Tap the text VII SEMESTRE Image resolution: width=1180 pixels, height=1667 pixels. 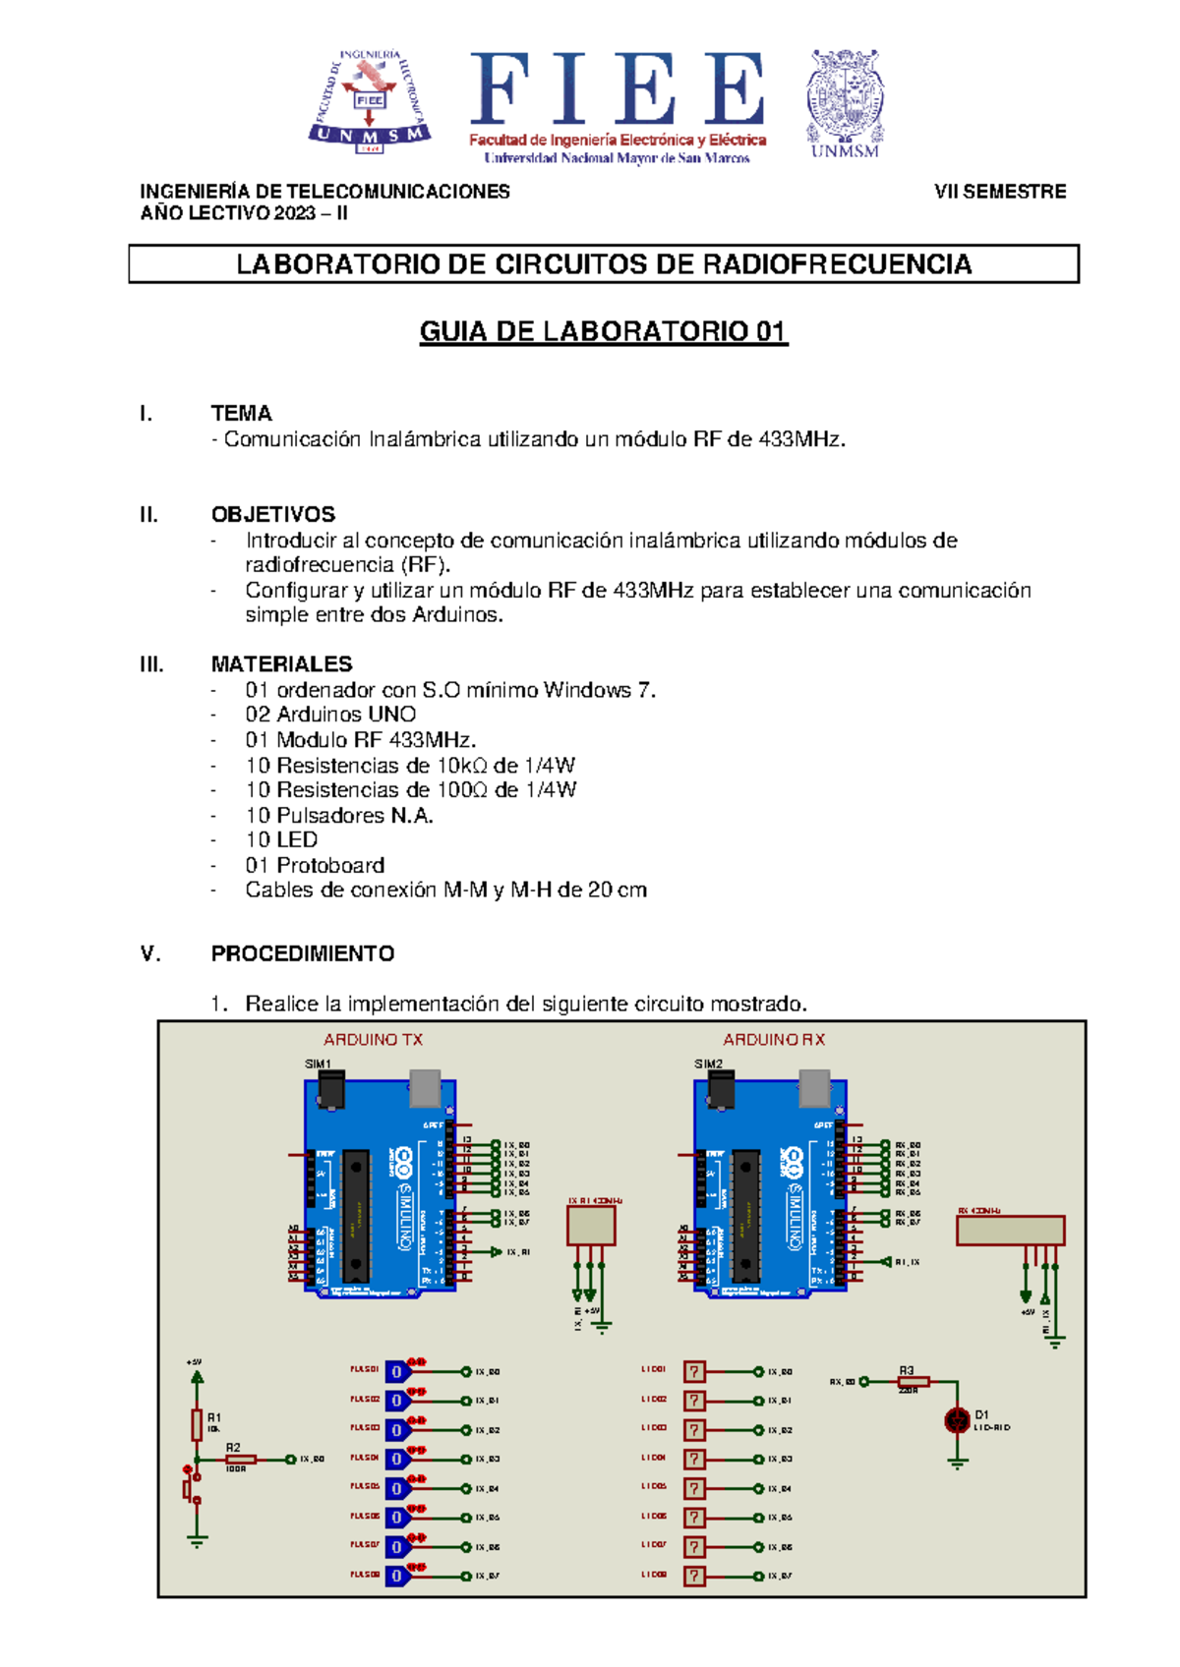[x=1000, y=192]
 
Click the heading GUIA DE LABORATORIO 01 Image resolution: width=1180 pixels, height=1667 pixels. [x=604, y=332]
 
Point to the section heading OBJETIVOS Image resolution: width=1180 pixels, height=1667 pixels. [x=272, y=514]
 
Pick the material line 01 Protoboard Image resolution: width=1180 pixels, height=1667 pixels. [x=315, y=865]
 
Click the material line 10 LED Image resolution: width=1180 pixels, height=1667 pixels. [x=281, y=839]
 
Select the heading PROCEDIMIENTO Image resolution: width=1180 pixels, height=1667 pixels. [x=302, y=953]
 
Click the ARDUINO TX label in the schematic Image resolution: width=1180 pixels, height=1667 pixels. [x=373, y=1039]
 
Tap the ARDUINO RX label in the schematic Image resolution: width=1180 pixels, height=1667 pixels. [x=774, y=1039]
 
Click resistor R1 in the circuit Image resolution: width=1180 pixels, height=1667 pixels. [x=197, y=1424]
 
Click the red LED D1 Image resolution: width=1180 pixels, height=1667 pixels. [x=956, y=1420]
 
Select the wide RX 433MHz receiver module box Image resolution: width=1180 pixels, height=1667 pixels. [x=1010, y=1230]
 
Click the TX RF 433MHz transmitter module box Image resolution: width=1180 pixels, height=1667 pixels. [x=591, y=1226]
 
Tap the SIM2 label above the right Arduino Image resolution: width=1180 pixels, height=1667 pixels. [x=708, y=1064]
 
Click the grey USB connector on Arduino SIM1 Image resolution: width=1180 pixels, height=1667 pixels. [x=425, y=1087]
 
